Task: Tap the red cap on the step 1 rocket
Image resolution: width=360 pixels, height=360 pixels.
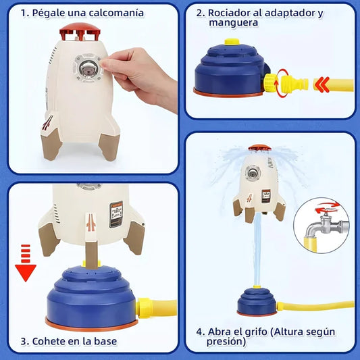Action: point(80,31)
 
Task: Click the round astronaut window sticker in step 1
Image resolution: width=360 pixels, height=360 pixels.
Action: point(88,68)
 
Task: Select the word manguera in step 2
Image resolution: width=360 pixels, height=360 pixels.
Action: point(233,23)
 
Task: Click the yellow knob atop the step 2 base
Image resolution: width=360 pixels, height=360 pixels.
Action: point(232,42)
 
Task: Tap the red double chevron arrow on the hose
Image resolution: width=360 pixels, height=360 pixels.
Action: point(322,84)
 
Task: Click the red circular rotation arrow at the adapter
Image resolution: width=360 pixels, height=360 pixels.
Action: point(282,84)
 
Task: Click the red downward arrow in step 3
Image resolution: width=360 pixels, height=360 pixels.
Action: point(26,263)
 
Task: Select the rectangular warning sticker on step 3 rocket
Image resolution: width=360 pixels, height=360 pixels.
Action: point(116,214)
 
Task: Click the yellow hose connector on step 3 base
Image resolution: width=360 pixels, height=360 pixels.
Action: point(145,307)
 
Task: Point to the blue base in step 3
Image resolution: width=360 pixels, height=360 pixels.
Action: point(91,298)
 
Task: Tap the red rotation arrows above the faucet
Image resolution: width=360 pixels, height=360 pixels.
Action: point(327,206)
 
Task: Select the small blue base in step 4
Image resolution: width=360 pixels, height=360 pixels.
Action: point(257,301)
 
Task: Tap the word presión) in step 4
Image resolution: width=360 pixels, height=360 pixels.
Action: point(226,342)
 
